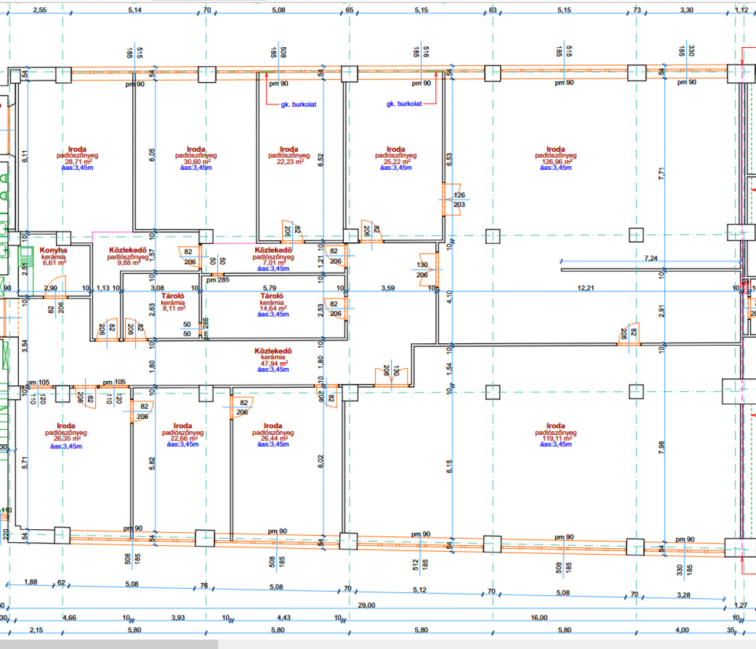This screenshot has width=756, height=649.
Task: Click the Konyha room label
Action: click(x=53, y=250)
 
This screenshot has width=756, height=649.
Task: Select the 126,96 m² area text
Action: click(x=556, y=162)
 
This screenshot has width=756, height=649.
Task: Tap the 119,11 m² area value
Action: click(x=556, y=438)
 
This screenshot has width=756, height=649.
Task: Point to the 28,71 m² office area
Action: click(x=77, y=162)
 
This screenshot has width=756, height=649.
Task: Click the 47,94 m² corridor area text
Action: click(x=273, y=363)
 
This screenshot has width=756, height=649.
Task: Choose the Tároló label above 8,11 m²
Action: click(x=172, y=296)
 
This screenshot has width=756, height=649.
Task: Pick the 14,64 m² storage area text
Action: click(x=272, y=309)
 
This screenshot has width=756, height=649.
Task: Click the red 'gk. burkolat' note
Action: click(x=298, y=104)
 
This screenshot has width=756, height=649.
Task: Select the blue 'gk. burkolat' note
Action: click(x=404, y=104)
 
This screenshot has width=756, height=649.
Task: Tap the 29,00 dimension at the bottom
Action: click(x=366, y=605)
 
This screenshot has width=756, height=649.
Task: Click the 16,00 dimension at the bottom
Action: click(x=539, y=618)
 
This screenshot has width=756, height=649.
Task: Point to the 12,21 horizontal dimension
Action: click(x=585, y=288)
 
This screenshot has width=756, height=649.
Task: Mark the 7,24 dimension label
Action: click(x=650, y=258)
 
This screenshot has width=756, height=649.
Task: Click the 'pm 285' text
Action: click(x=218, y=280)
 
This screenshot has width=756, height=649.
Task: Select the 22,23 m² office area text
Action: click(x=289, y=162)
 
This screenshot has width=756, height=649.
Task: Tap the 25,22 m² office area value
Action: click(x=396, y=162)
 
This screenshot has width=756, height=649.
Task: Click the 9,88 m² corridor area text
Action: click(x=128, y=263)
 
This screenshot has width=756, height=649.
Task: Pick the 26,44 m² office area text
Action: click(x=273, y=438)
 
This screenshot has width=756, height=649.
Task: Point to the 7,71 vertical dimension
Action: click(x=661, y=173)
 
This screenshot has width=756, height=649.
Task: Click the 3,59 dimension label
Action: click(x=387, y=288)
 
